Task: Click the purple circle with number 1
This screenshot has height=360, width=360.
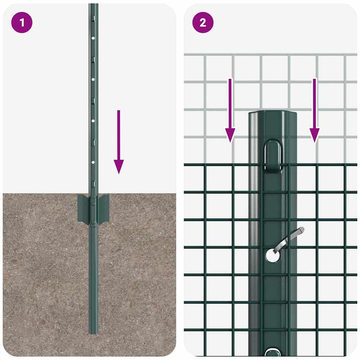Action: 22,23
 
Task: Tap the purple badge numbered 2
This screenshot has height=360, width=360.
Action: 203,23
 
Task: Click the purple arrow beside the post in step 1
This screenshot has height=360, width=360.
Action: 119,141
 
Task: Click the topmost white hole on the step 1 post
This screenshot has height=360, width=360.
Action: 93,38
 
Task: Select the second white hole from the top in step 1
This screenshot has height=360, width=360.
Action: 93,79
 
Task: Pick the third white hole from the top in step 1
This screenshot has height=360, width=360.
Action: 93,121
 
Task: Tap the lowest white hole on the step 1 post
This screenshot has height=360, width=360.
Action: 93,162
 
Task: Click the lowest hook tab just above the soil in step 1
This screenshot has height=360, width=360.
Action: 93,184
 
